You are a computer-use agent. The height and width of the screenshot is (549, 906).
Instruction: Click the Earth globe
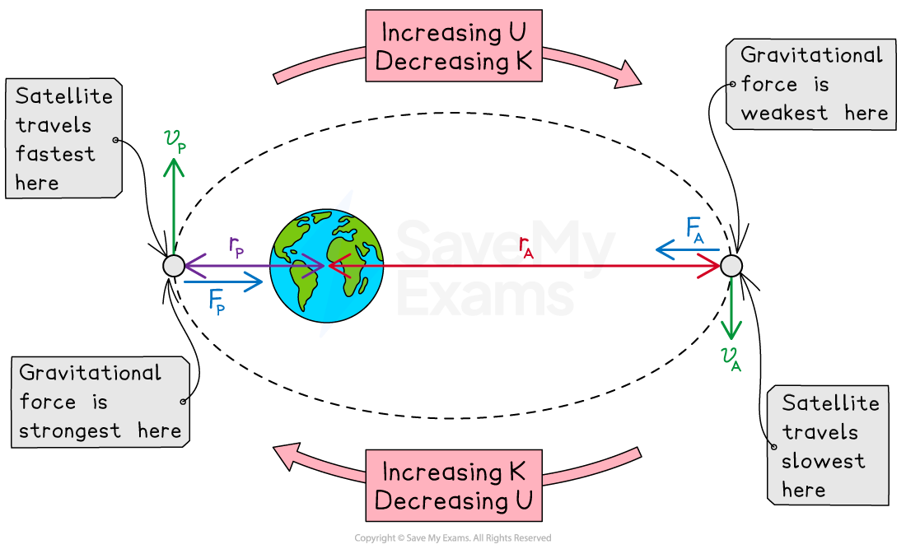tap(326, 265)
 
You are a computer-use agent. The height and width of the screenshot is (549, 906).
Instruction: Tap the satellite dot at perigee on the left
tap(173, 266)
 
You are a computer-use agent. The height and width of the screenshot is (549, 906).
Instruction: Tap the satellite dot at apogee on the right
tap(731, 266)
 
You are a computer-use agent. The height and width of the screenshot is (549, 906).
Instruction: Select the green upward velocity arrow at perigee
tap(173, 206)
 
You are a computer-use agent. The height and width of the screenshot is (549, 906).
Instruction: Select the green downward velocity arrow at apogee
tap(731, 309)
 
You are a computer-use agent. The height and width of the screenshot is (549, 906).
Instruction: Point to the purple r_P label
tap(236, 247)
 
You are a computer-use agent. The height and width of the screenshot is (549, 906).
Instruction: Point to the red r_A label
tap(526, 247)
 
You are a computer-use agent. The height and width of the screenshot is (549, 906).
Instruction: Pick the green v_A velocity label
tap(731, 358)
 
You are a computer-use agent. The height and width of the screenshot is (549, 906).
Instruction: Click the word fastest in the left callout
tap(55, 154)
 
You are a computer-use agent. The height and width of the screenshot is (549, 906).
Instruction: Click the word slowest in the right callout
tap(823, 461)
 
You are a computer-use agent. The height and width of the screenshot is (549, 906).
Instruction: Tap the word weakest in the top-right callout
tap(784, 114)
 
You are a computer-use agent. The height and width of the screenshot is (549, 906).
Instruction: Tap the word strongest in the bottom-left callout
tap(70, 430)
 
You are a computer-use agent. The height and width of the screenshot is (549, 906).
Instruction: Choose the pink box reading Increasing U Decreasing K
tap(453, 46)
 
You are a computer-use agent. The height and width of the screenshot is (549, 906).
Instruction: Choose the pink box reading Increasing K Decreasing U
tap(453, 486)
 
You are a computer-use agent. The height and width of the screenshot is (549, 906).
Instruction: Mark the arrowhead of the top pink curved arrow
tap(628, 75)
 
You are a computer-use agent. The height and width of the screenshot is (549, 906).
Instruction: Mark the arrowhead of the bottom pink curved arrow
tap(286, 455)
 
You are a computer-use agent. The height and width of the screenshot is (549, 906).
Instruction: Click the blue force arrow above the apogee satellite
tap(687, 249)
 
